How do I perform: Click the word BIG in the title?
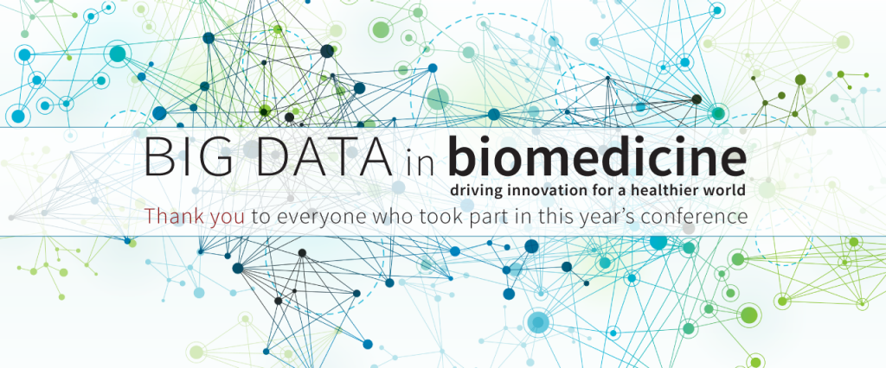[188, 155]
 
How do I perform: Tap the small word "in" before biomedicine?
[419, 162]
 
